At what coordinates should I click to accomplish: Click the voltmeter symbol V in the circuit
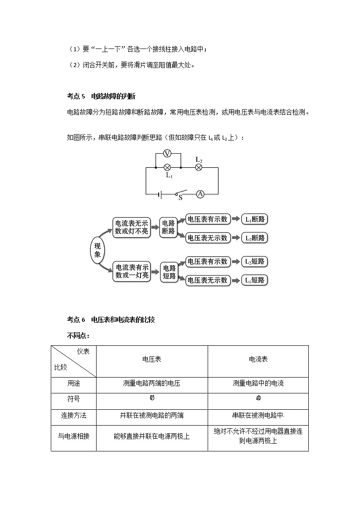pyautogui.click(x=167, y=154)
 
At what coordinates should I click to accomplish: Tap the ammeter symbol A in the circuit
pyautogui.click(x=200, y=194)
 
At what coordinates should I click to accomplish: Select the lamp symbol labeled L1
pyautogui.click(x=167, y=167)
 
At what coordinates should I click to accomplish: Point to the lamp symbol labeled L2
pyautogui.click(x=198, y=167)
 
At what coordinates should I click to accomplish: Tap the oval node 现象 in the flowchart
pyautogui.click(x=97, y=250)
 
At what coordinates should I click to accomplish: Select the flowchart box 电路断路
pyautogui.click(x=169, y=227)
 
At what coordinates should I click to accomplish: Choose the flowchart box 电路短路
pyautogui.click(x=169, y=272)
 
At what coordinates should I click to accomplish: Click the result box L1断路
pyautogui.click(x=255, y=219)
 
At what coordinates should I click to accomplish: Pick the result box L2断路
pyautogui.click(x=255, y=238)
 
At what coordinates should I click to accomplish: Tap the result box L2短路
pyautogui.click(x=255, y=262)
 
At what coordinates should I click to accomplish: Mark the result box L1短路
pyautogui.click(x=255, y=280)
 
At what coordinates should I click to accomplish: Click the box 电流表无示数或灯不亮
pyautogui.click(x=131, y=227)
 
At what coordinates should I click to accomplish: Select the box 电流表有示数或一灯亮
pyautogui.click(x=131, y=271)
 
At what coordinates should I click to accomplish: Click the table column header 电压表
pyautogui.click(x=152, y=359)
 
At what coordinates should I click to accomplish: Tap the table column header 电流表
pyautogui.click(x=258, y=359)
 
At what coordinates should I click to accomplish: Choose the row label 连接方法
pyautogui.click(x=73, y=415)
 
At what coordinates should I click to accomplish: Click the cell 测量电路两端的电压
pyautogui.click(x=152, y=383)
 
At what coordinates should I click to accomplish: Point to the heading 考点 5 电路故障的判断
pyautogui.click(x=101, y=96)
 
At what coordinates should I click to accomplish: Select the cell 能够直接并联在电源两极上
pyautogui.click(x=152, y=436)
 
